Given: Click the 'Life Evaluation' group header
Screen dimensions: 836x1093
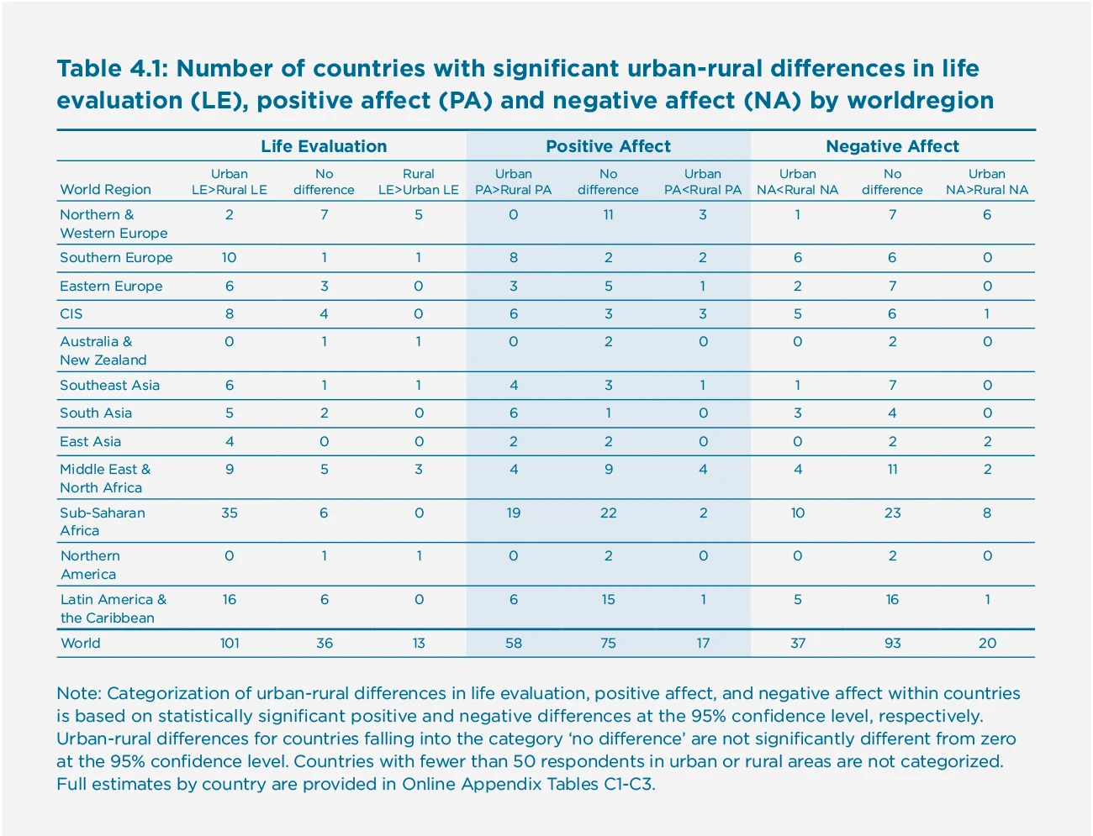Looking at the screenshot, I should click(324, 146).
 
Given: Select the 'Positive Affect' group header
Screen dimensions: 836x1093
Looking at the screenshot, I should click(608, 146).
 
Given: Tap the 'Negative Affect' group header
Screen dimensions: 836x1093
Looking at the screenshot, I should click(892, 146).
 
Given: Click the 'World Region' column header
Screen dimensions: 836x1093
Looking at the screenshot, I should click(105, 190).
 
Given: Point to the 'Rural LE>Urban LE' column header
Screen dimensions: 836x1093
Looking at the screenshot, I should click(418, 181).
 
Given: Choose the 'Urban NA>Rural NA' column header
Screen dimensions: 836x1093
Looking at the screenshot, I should click(986, 181).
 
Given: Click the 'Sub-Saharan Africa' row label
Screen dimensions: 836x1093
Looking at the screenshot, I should click(102, 521).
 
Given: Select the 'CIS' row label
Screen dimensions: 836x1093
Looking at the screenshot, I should click(71, 314).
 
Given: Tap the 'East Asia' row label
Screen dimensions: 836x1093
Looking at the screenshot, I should click(90, 442).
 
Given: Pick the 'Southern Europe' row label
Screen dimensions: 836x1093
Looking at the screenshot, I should click(116, 258).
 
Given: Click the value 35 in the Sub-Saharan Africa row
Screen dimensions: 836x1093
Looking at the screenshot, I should click(229, 513).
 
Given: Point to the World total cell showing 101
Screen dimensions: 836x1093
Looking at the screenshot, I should click(230, 644).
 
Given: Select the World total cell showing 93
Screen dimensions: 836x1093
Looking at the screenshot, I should click(892, 644).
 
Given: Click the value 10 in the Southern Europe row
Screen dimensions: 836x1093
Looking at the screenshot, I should click(229, 258).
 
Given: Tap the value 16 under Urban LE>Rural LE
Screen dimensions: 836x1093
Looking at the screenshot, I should click(229, 600).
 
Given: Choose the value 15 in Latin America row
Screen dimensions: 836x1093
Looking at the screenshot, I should click(608, 600).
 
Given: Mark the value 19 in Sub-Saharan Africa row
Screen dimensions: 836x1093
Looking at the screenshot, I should click(513, 513).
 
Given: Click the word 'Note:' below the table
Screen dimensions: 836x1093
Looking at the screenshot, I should click(79, 694).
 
